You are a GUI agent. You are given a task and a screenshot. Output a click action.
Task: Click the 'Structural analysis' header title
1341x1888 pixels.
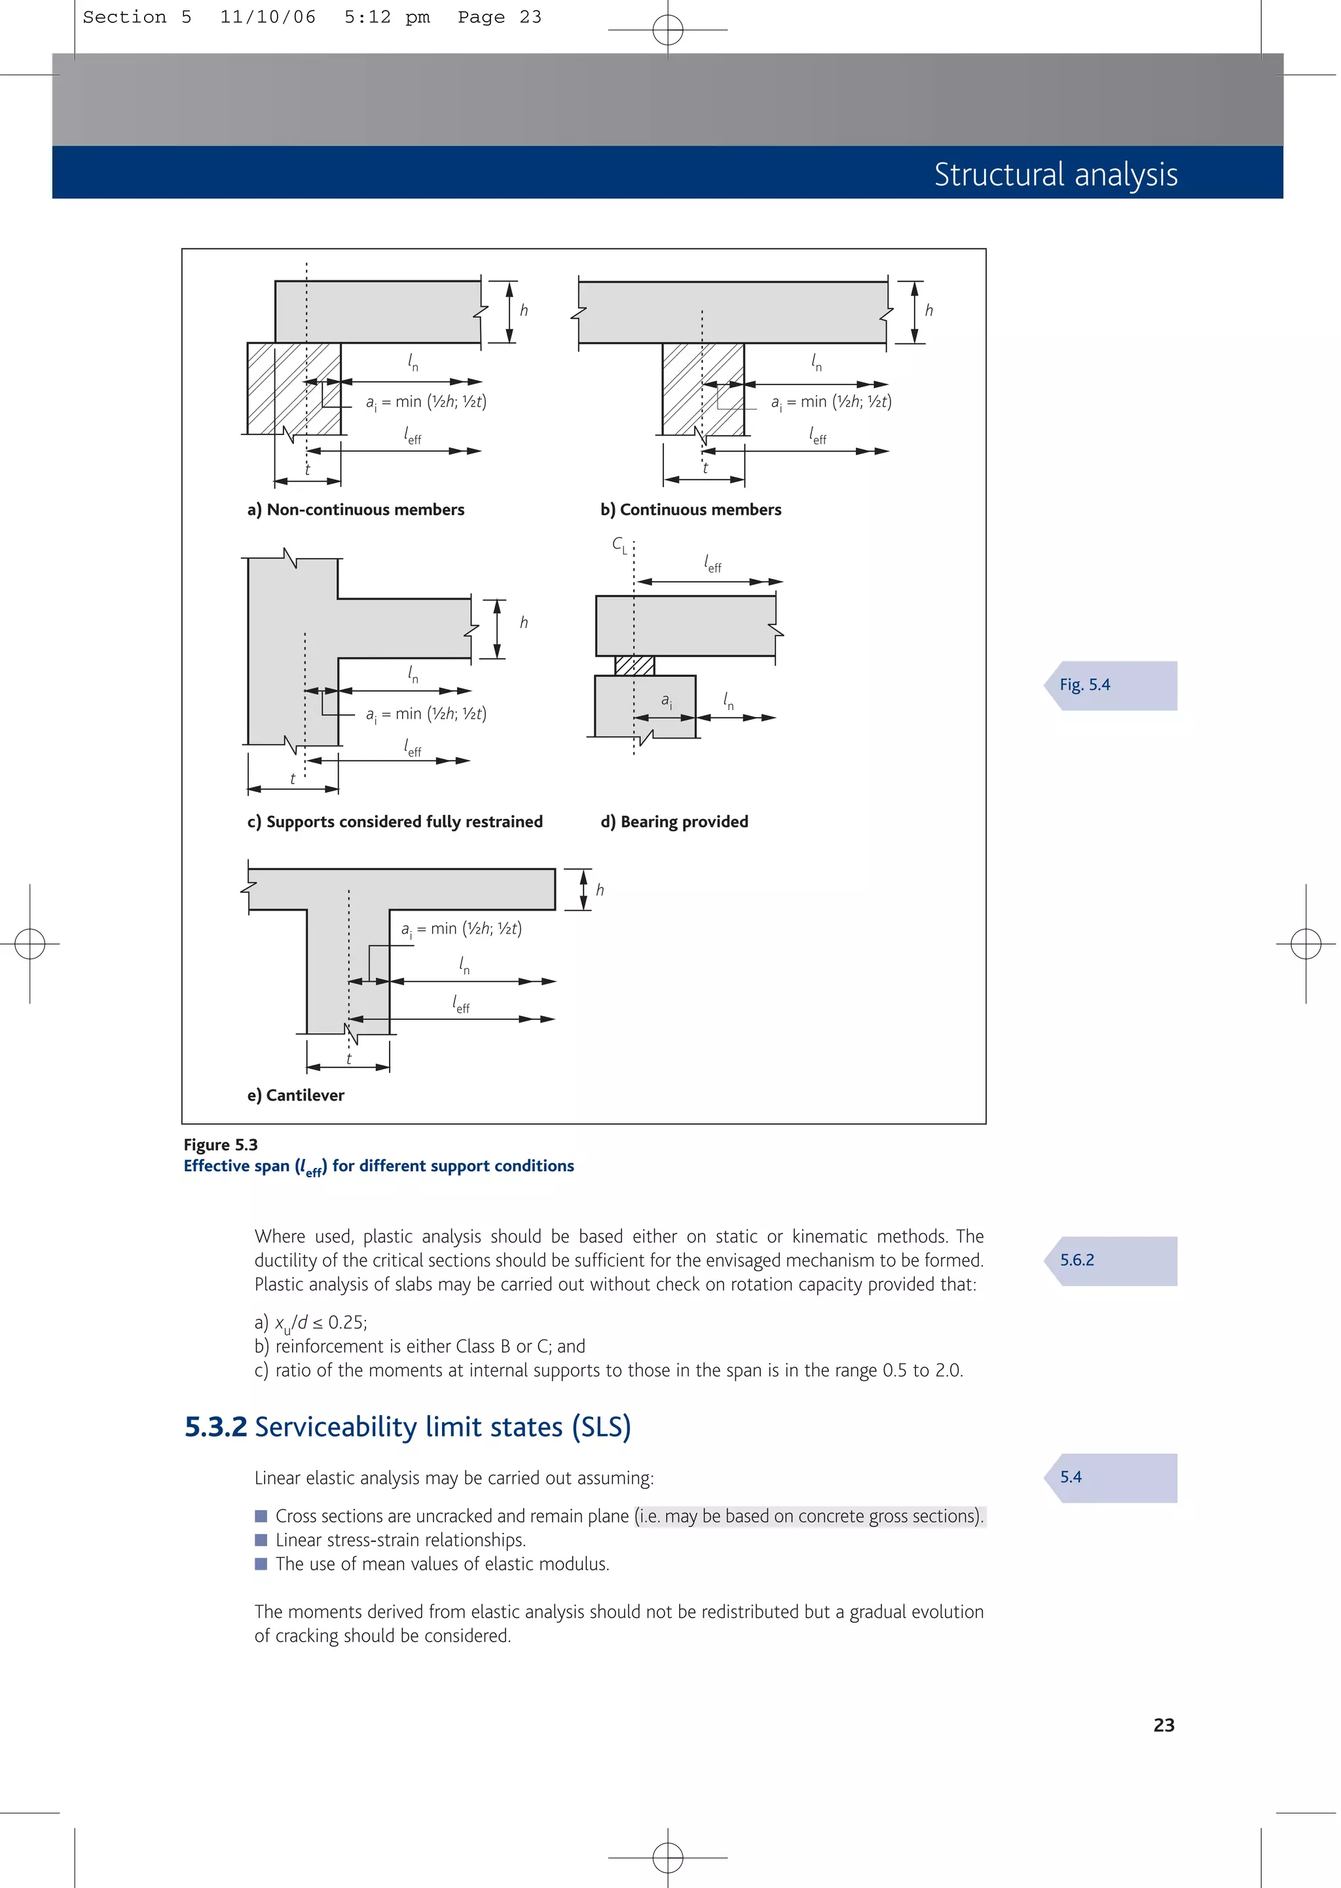tap(1056, 174)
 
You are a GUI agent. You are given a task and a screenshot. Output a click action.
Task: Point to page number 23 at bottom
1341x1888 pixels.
tap(1164, 1726)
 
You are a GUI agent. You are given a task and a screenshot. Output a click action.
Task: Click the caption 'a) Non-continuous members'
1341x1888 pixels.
tap(356, 510)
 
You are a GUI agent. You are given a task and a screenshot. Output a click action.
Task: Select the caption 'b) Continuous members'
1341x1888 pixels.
tap(690, 510)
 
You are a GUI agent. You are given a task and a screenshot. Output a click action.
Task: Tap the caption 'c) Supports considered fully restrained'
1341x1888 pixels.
tap(395, 821)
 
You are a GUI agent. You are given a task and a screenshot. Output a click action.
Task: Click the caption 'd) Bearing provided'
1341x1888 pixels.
tap(674, 821)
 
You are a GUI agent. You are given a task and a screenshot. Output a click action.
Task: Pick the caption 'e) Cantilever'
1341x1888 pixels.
tap(295, 1095)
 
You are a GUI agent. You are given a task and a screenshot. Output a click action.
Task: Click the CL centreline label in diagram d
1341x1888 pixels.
tap(619, 544)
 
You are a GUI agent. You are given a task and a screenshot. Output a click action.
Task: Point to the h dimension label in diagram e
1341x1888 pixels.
tap(600, 890)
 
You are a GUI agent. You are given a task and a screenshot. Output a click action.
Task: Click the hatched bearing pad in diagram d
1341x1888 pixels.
tap(634, 666)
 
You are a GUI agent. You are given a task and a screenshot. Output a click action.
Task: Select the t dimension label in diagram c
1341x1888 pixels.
tap(292, 779)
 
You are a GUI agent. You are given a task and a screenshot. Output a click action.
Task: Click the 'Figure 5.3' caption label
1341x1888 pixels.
tap(221, 1144)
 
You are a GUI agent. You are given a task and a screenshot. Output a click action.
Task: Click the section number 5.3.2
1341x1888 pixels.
tap(215, 1427)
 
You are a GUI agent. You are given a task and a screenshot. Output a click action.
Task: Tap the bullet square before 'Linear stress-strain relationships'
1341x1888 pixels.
tap(261, 1540)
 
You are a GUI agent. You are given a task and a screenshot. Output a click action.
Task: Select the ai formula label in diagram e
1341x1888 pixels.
tap(461, 929)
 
